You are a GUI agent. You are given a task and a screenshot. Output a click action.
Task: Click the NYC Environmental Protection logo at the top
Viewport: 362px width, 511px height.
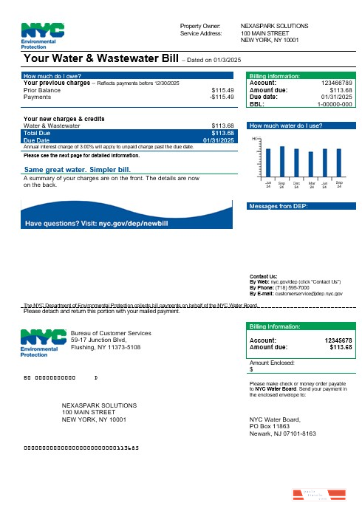(x=43, y=35)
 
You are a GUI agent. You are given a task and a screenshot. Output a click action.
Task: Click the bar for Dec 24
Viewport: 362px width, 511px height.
(x=296, y=162)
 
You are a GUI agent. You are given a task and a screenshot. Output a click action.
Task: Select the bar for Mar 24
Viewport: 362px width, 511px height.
(x=311, y=163)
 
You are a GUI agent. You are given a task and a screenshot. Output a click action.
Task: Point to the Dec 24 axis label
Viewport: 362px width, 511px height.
(x=296, y=185)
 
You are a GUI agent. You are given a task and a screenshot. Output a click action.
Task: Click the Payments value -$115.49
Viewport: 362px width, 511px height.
(x=221, y=97)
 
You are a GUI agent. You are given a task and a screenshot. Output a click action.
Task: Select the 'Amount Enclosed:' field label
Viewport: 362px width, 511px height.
(x=272, y=363)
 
